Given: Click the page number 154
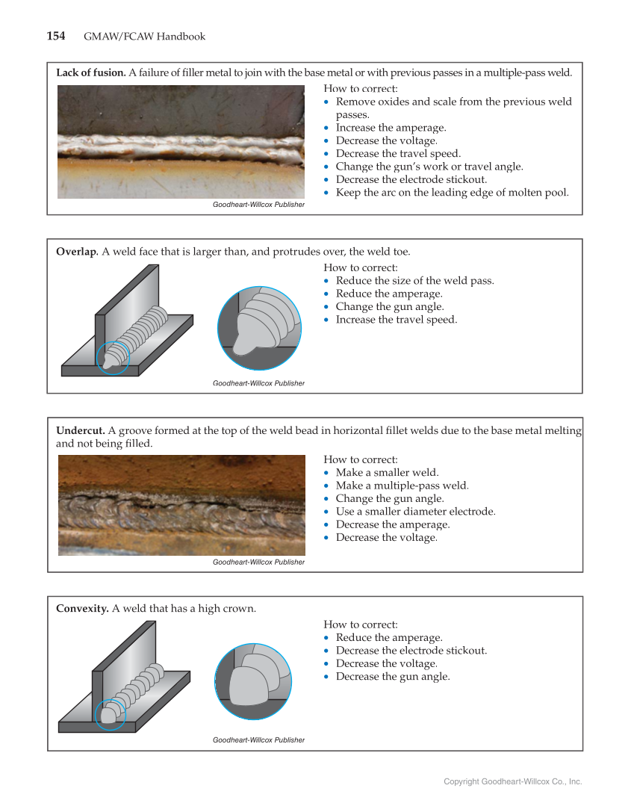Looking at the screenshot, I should (56, 37).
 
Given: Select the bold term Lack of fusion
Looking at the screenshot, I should (90, 72).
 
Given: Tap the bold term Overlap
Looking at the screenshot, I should (77, 252).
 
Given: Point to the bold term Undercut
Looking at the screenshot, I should (80, 430).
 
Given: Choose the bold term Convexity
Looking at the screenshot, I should (82, 608).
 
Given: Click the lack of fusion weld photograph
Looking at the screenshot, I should (181, 141).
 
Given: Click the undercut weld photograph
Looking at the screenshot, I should (181, 505).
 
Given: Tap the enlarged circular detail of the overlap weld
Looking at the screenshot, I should (259, 328).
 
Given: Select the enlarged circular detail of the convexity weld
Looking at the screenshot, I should (253, 681).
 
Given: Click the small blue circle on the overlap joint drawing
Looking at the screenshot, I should (113, 357).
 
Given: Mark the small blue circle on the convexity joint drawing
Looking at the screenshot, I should (111, 715).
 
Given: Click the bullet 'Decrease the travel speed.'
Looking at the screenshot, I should (397, 153).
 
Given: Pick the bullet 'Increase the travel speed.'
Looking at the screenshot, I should (396, 320).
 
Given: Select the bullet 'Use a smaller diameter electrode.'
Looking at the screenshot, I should (415, 512).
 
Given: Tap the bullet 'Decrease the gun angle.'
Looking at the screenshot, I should (393, 677).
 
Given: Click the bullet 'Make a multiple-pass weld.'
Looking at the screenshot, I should (402, 486).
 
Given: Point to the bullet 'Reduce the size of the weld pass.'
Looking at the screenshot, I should (414, 281).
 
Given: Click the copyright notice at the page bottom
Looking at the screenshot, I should (512, 781).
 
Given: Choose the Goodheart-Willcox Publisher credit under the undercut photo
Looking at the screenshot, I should (258, 562).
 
